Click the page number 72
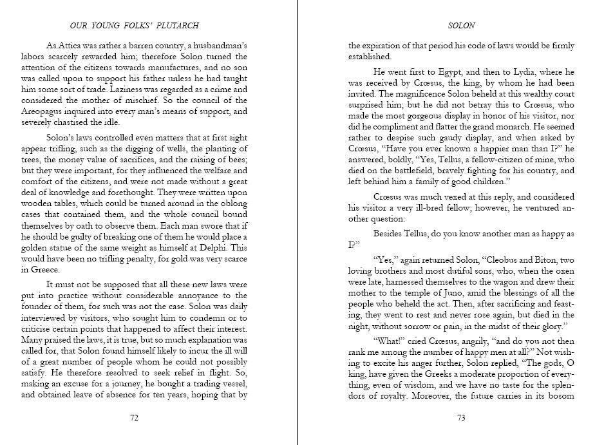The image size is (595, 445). [134, 417]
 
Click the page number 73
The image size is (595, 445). [460, 417]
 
